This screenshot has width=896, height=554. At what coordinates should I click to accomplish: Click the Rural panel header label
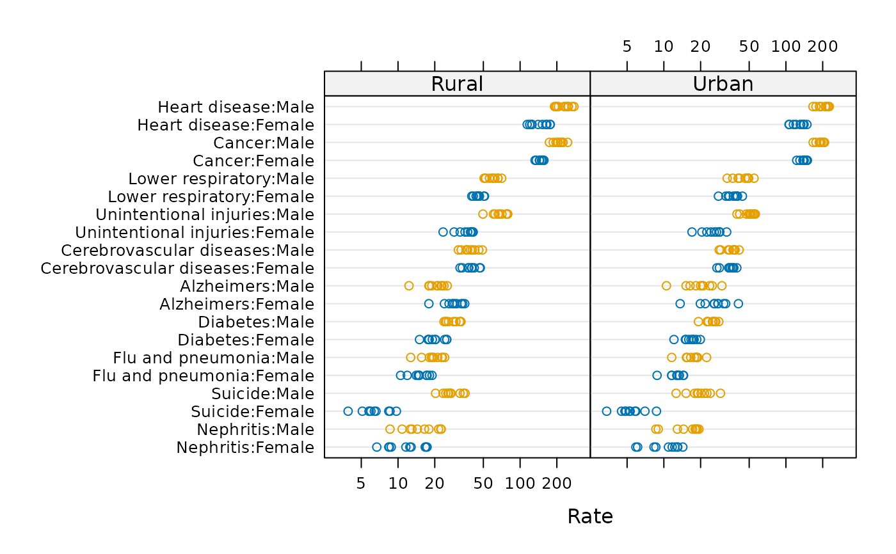(x=456, y=84)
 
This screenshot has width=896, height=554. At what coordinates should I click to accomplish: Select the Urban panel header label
(x=723, y=84)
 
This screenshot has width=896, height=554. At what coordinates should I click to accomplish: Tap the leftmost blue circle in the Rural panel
(x=348, y=411)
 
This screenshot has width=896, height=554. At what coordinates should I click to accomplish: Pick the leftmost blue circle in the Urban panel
(x=606, y=411)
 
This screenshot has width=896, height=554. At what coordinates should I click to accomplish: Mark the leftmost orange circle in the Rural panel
(x=390, y=429)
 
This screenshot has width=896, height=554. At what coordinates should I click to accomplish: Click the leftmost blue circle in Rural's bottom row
(x=376, y=447)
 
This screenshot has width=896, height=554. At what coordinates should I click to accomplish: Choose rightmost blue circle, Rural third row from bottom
(x=396, y=411)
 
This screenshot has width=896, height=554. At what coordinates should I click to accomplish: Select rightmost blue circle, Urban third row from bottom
(x=656, y=411)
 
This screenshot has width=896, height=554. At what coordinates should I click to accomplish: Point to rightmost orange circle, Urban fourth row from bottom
(x=720, y=393)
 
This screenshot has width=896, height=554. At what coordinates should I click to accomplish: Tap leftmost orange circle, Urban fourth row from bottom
(x=676, y=393)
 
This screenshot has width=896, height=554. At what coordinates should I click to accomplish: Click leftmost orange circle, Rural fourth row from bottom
(x=435, y=393)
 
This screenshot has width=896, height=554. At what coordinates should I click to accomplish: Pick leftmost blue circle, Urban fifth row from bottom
(x=657, y=375)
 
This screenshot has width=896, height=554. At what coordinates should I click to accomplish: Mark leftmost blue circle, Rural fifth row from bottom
(x=400, y=375)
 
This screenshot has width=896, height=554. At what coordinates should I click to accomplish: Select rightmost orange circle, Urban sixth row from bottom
(x=707, y=357)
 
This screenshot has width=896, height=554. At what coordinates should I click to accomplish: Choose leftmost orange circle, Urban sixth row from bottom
(x=671, y=357)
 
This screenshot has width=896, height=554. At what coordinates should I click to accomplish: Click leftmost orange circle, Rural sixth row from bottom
(x=410, y=357)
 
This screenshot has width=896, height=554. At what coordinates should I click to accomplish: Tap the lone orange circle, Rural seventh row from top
(x=483, y=214)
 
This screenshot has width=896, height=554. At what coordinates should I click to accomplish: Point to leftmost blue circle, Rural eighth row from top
(x=443, y=232)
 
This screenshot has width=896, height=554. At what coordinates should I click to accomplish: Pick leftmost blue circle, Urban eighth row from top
(x=692, y=232)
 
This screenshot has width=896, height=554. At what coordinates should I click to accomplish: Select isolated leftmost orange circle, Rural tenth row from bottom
(x=409, y=285)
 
